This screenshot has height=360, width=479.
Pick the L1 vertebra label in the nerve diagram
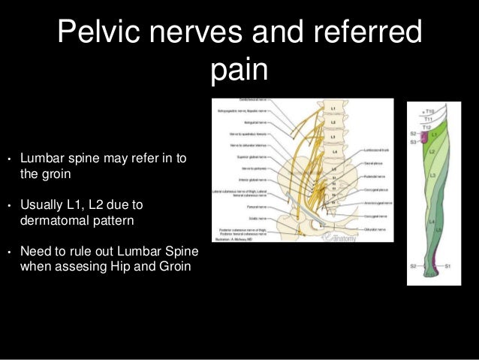click(333, 110)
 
